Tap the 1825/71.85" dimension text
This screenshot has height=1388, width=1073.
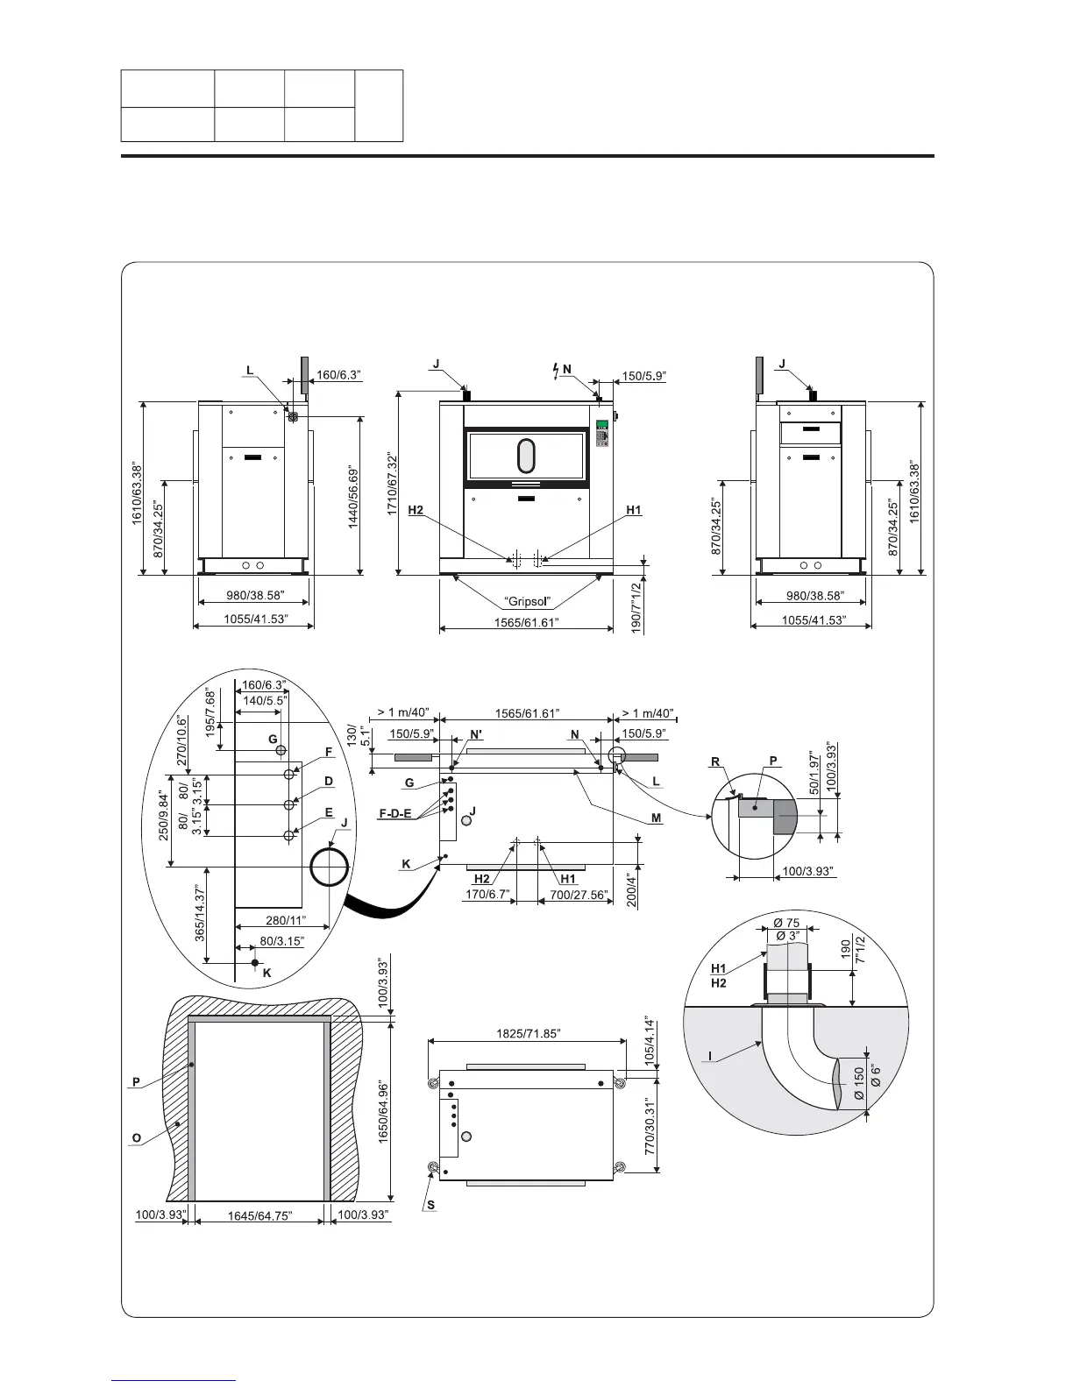point(527,1034)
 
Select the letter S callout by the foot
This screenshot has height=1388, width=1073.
point(430,1205)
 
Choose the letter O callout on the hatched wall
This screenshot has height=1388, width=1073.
point(136,1137)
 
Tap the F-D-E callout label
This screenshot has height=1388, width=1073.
point(394,814)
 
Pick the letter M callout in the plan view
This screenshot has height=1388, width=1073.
point(656,818)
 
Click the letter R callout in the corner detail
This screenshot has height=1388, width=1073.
point(716,762)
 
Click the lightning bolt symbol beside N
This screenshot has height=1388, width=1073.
point(555,370)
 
